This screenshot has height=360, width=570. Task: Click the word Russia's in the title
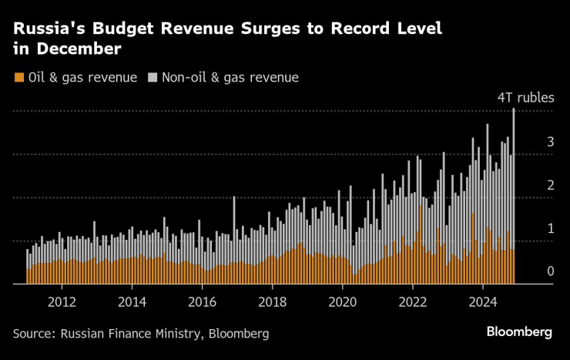pyautogui.click(x=48, y=29)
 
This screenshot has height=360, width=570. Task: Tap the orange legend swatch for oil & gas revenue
pyautogui.click(x=18, y=77)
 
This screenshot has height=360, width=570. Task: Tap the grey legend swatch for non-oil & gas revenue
pyautogui.click(x=153, y=77)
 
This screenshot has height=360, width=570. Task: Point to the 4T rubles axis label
pyautogui.click(x=525, y=98)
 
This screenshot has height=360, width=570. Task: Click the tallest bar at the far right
pyautogui.click(x=514, y=193)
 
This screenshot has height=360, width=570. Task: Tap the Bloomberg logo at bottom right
pyautogui.click(x=519, y=331)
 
